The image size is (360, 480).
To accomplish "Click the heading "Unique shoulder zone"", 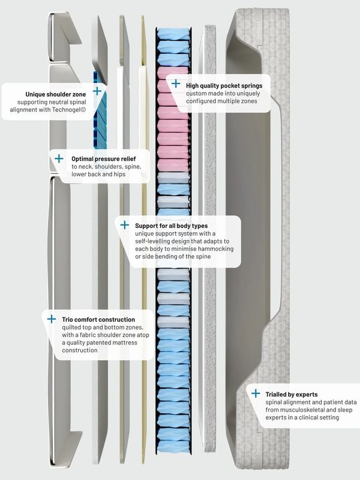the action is (x=55, y=94).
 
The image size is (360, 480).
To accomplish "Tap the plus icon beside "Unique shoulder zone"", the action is (x=97, y=91).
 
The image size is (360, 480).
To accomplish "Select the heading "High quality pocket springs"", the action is (x=224, y=86).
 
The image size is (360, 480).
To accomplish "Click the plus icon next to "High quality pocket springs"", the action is (x=176, y=83).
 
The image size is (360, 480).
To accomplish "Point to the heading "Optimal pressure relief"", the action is (x=104, y=159).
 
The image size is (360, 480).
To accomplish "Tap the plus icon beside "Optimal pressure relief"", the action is (x=59, y=158).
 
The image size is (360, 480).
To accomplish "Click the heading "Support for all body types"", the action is (x=172, y=226).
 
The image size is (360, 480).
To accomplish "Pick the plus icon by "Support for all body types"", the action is (x=125, y=225).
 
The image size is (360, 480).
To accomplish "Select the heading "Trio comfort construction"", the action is (x=98, y=320).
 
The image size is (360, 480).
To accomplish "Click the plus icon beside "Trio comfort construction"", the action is (x=52, y=319).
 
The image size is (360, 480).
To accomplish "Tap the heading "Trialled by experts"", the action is (x=292, y=395).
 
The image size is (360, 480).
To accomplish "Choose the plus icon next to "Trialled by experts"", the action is (x=256, y=394).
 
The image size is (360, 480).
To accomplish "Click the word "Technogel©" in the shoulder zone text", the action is (x=69, y=110).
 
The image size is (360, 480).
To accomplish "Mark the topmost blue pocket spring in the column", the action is (x=173, y=34).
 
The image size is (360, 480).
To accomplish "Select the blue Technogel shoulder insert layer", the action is (x=100, y=111).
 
